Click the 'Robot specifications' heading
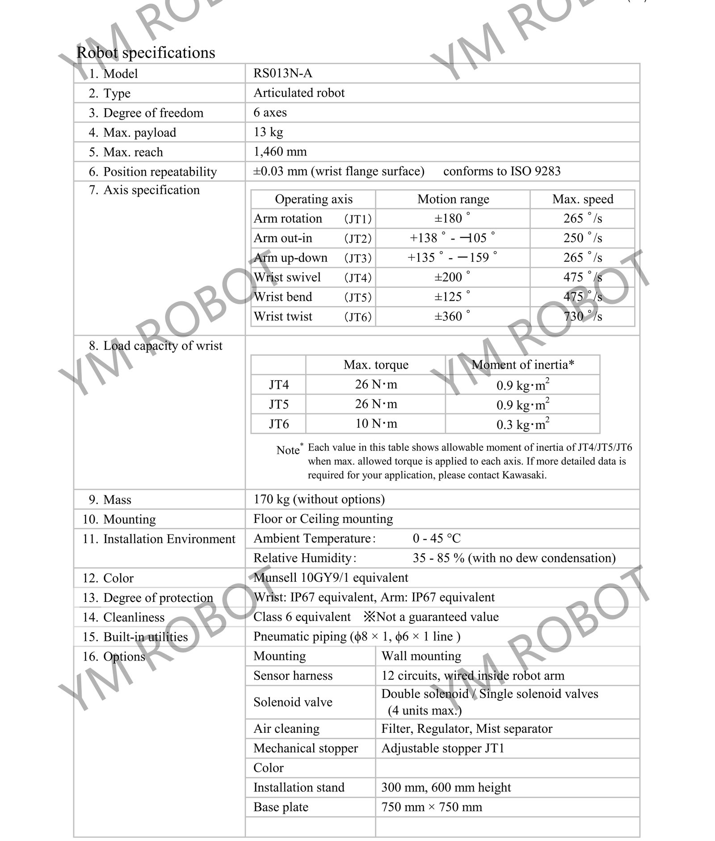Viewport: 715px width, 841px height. [x=146, y=53]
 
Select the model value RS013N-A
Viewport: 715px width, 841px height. [x=282, y=73]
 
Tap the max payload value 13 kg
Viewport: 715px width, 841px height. [x=268, y=132]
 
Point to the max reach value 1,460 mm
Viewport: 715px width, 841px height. [x=280, y=151]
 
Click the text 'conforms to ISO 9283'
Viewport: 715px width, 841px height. [x=501, y=171]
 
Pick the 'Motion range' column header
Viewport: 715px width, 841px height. [x=453, y=199]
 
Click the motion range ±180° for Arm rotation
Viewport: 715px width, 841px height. [x=452, y=219]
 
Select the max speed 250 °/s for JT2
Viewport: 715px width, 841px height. [x=582, y=238]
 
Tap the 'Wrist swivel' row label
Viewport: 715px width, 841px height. [x=287, y=278]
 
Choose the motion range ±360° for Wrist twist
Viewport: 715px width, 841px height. [x=452, y=316]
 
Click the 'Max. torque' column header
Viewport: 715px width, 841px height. [x=376, y=365]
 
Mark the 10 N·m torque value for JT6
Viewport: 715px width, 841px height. [x=376, y=424]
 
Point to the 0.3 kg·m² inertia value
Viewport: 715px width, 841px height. [x=522, y=424]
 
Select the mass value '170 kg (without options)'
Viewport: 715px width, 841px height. [x=319, y=499]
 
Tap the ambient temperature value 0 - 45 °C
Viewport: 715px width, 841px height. [x=437, y=538]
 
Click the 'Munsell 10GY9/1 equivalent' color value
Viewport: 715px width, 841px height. [x=331, y=578]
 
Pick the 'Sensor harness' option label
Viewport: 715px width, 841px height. [x=293, y=676]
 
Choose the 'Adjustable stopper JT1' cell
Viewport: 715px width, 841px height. [x=442, y=748]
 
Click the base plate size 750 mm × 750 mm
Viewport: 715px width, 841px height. [x=432, y=807]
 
